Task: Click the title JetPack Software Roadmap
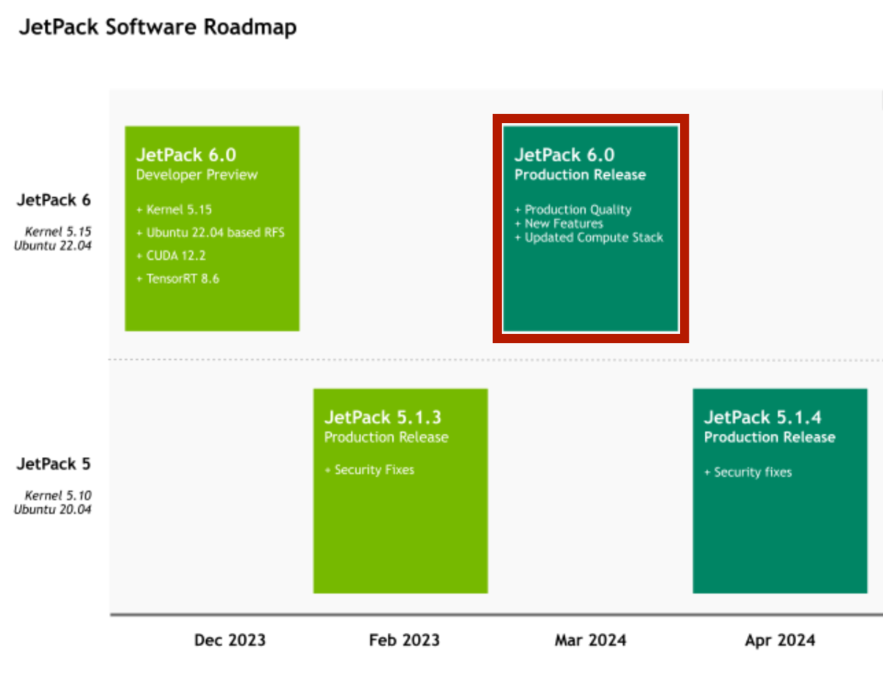click(x=157, y=28)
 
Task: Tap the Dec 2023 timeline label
click(x=230, y=640)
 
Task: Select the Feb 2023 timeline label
click(x=404, y=640)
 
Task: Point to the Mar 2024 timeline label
click(x=590, y=640)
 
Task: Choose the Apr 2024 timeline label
click(x=779, y=640)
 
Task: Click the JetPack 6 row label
click(x=54, y=199)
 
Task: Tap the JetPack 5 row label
click(x=54, y=464)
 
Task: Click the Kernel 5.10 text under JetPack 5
click(x=58, y=495)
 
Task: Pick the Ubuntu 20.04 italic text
click(x=52, y=508)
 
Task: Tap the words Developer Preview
click(x=196, y=175)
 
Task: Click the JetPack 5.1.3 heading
click(x=383, y=417)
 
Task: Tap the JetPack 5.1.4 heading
click(x=762, y=417)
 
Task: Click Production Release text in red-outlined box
click(x=580, y=175)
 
